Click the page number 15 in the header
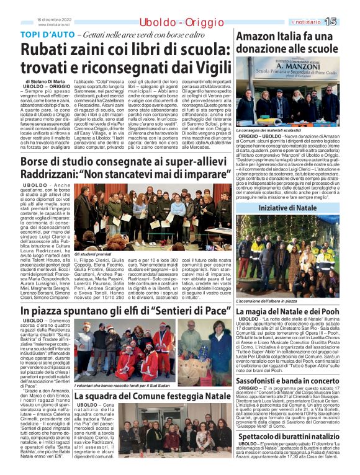click(348, 22)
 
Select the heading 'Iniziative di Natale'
click(295, 208)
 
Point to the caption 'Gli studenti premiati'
click(94, 254)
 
